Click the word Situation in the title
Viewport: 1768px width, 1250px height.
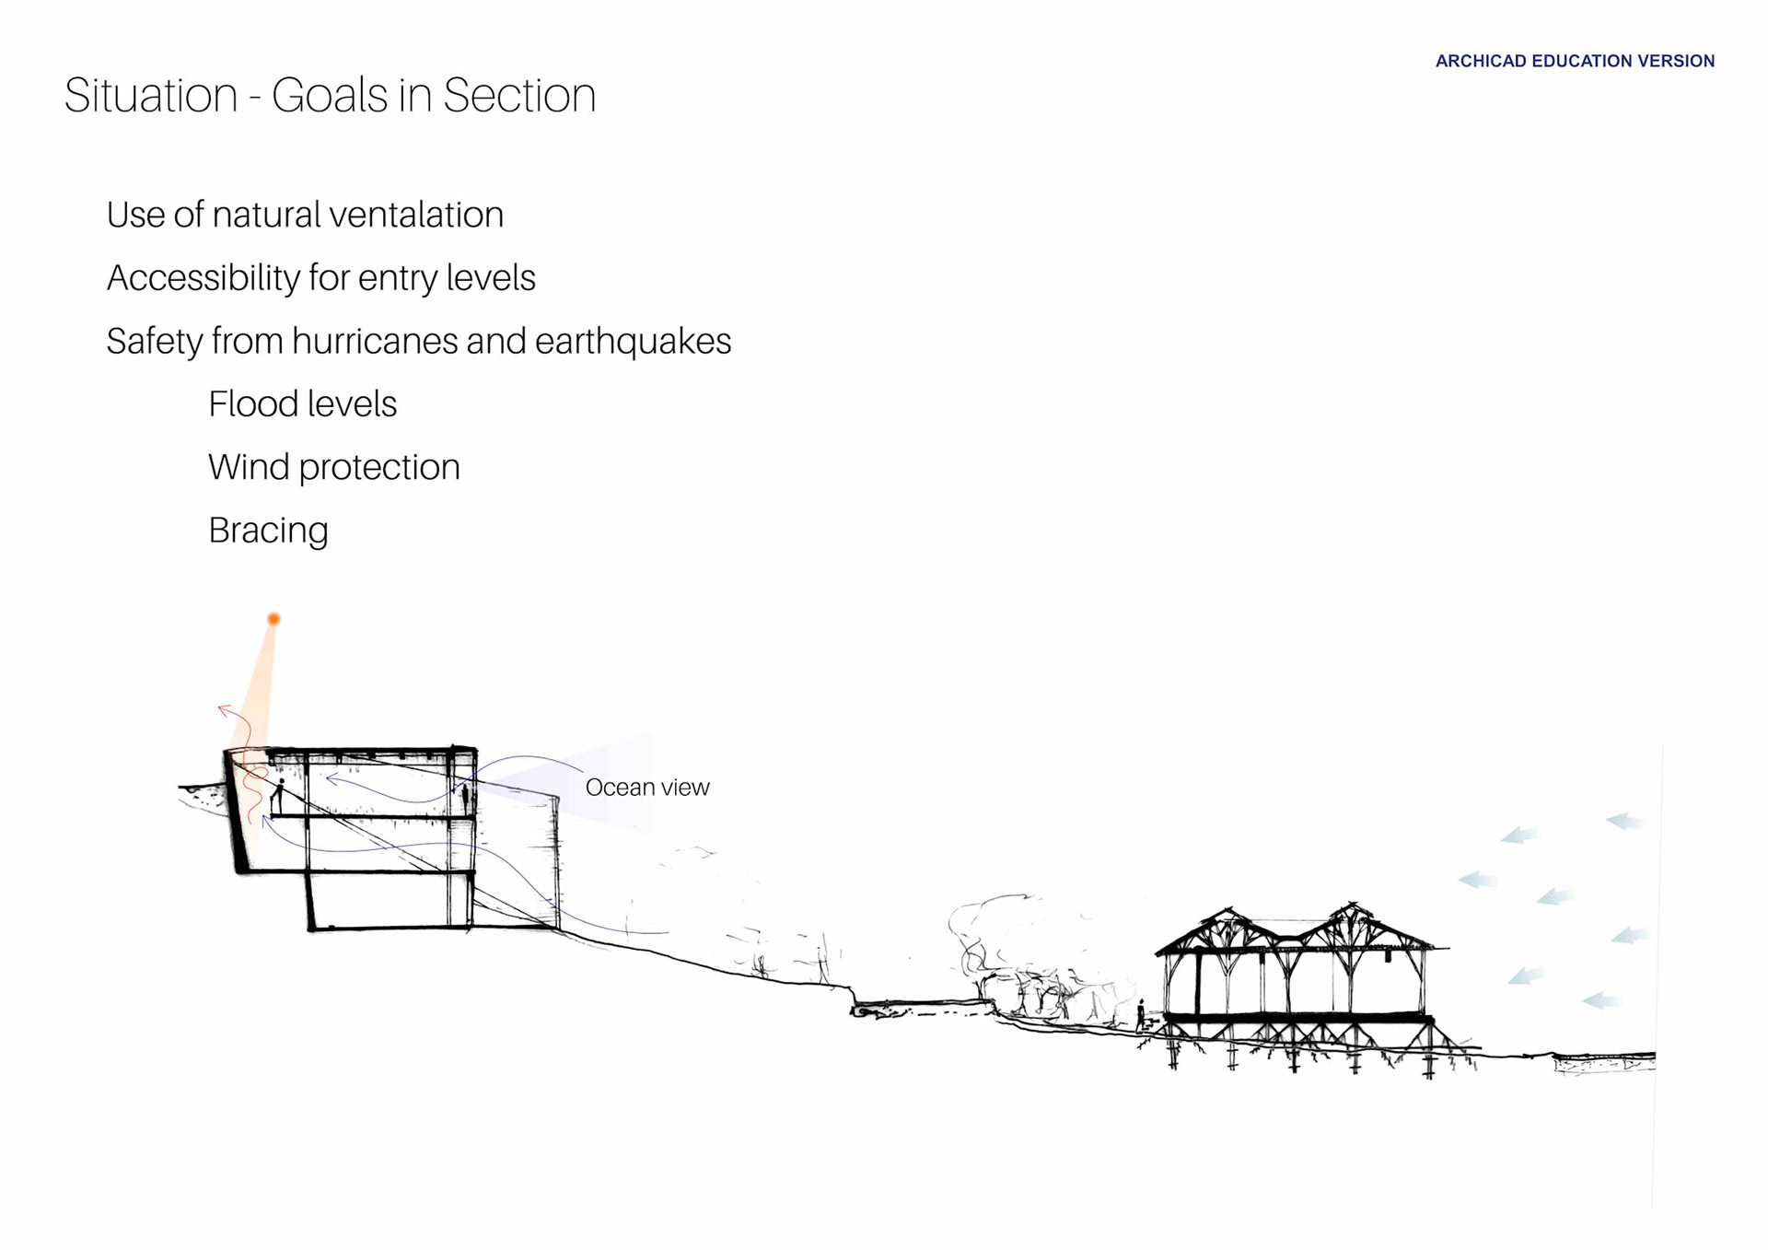coord(151,96)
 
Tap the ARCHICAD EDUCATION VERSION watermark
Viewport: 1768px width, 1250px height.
coord(1575,62)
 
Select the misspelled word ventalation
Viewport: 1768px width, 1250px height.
coord(416,215)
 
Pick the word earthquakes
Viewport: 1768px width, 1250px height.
coord(633,342)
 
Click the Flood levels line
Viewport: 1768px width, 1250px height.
coord(302,404)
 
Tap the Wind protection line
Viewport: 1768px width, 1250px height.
coord(333,468)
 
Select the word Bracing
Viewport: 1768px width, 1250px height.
coord(268,531)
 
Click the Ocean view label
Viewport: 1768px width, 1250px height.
coord(647,788)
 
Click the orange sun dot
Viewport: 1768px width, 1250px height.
coord(273,619)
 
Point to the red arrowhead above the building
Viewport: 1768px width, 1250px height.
coord(224,709)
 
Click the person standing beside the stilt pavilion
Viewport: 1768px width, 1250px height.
coord(1141,1014)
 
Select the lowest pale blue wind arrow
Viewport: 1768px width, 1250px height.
coord(1600,1000)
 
